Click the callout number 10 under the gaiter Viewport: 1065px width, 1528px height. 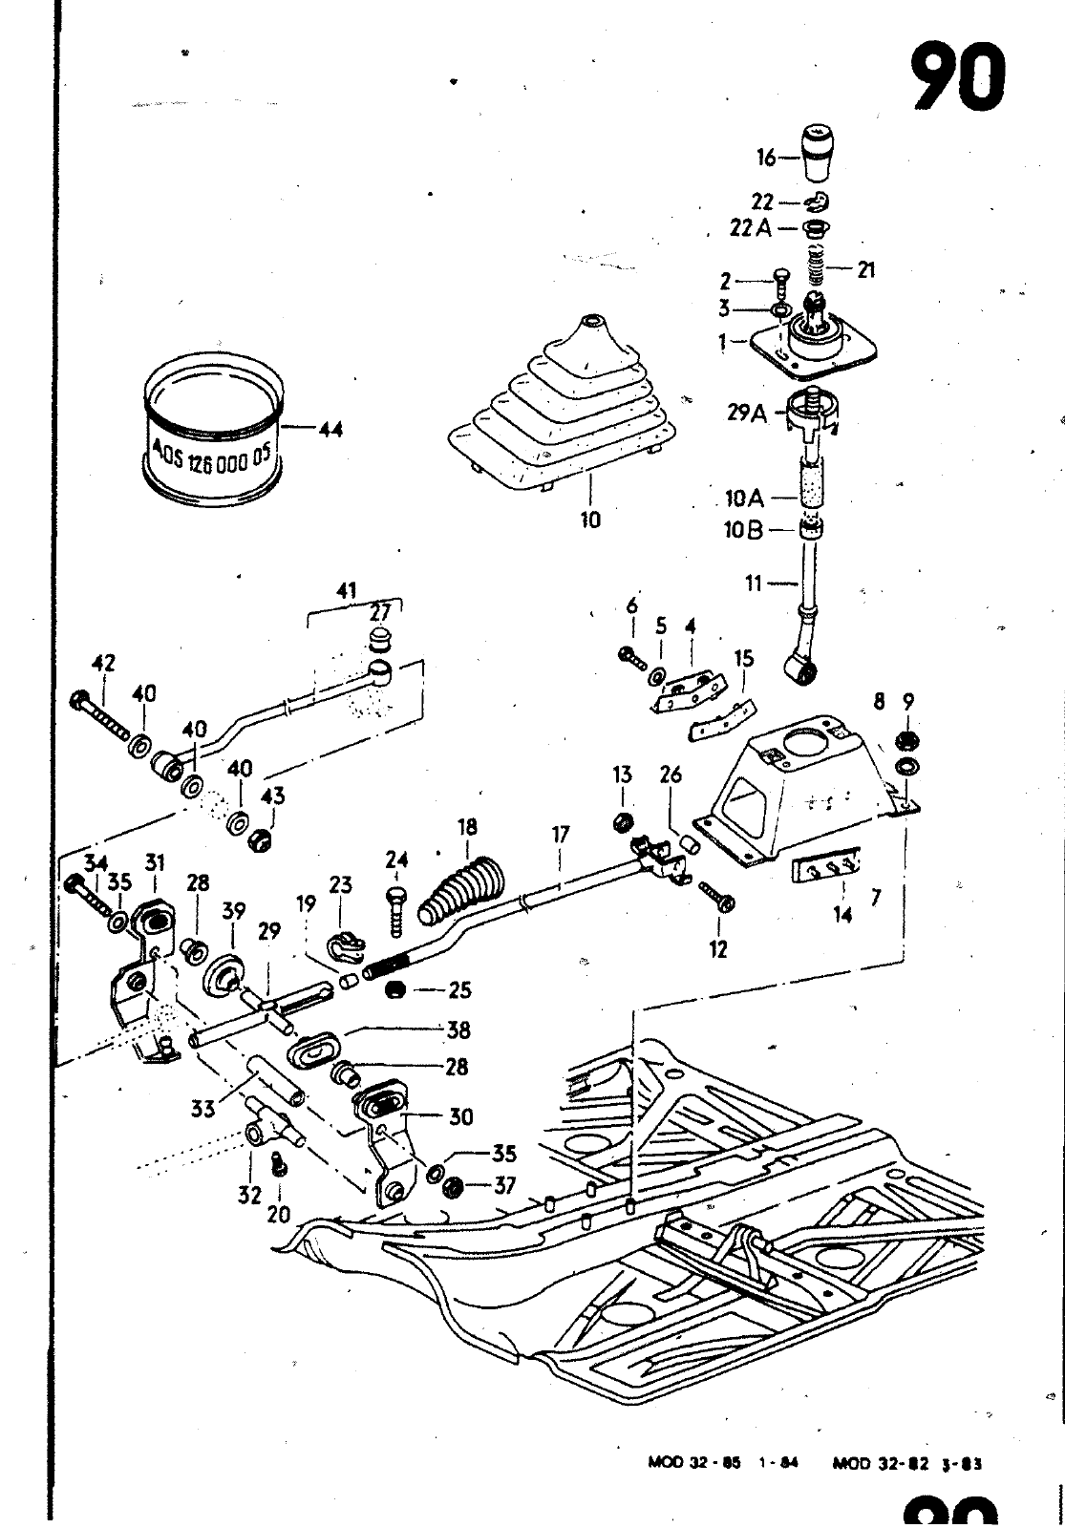[x=590, y=520]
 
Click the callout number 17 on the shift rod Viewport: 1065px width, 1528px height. [x=560, y=836]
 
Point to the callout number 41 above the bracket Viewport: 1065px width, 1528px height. [x=345, y=591]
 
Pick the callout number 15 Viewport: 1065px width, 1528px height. [x=744, y=658]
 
